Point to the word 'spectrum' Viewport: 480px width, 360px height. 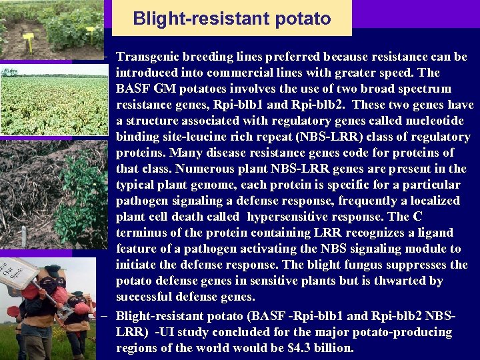[424, 89]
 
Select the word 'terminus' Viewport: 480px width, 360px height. [143, 233]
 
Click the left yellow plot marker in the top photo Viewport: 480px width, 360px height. [28, 37]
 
